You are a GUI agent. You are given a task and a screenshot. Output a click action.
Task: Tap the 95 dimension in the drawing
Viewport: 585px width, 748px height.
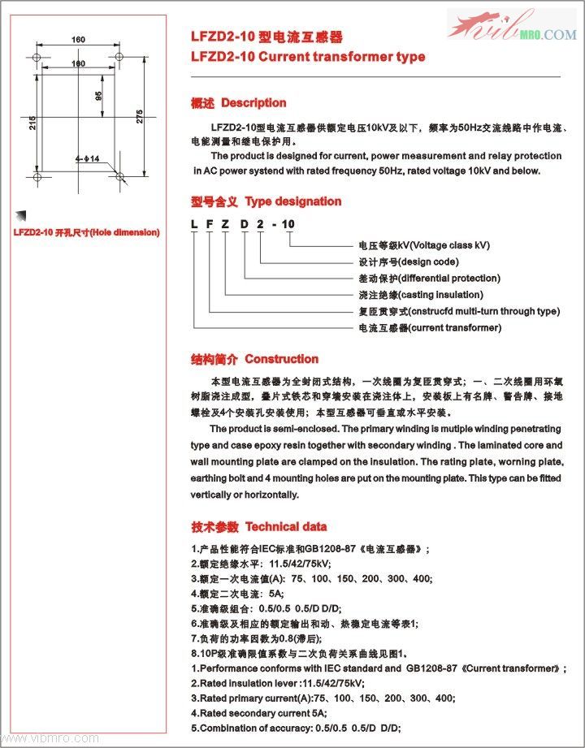(98, 96)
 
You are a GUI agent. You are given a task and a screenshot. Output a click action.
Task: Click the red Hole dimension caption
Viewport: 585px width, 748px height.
(86, 232)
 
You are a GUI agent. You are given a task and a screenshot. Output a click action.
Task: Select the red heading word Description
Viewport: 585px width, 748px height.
(253, 103)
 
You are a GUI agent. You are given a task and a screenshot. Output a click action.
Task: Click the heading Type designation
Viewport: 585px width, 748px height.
(292, 201)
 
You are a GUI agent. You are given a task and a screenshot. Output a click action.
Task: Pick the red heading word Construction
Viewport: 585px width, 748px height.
(281, 359)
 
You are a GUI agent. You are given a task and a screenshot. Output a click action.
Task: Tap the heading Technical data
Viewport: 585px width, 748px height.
(286, 526)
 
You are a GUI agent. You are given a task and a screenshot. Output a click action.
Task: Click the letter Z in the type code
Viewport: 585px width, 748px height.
(225, 224)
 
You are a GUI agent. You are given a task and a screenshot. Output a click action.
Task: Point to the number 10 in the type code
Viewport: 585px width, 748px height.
(288, 224)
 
